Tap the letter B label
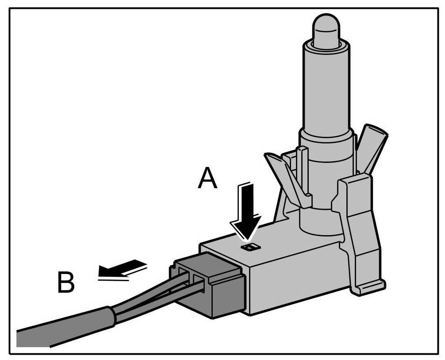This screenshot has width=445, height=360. pos(66,282)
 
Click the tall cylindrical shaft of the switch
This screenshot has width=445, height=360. pos(326,89)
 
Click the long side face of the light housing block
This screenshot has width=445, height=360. pos(292,279)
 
